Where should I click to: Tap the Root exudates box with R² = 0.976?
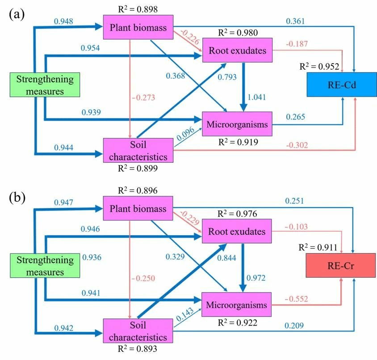pos(237,232)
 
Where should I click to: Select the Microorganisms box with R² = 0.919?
pos(236,124)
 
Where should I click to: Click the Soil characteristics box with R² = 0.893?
pos(138,330)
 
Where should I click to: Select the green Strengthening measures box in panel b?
pos(45,266)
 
